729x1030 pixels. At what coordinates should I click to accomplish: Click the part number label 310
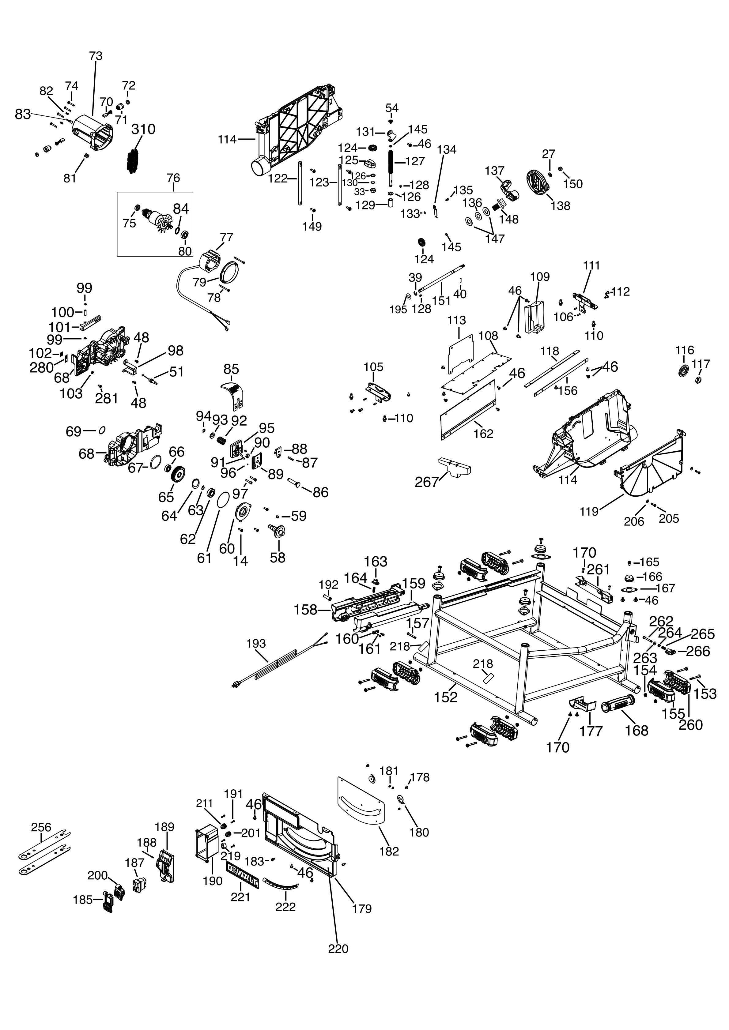pyautogui.click(x=143, y=129)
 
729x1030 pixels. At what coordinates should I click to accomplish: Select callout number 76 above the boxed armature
pyautogui.click(x=173, y=178)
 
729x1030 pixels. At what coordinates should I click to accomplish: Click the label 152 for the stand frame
pyautogui.click(x=446, y=697)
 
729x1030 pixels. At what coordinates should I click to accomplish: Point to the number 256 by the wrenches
pyautogui.click(x=41, y=827)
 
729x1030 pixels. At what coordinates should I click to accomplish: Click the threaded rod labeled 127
pyautogui.click(x=391, y=165)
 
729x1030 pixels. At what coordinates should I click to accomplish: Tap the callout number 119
pyautogui.click(x=589, y=511)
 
